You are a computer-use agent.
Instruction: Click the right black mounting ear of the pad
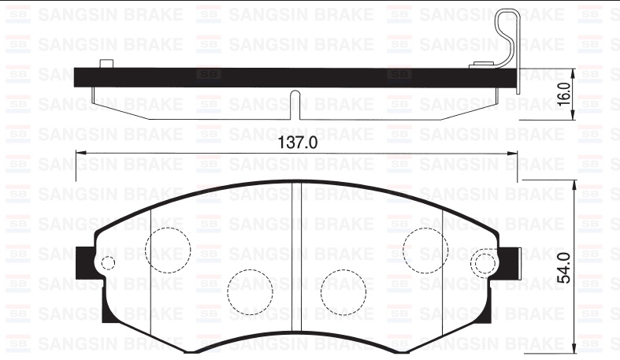[510, 262]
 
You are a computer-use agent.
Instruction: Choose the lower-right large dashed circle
[343, 293]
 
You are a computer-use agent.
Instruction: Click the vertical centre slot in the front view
[298, 268]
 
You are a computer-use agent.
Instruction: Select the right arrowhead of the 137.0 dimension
[514, 153]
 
